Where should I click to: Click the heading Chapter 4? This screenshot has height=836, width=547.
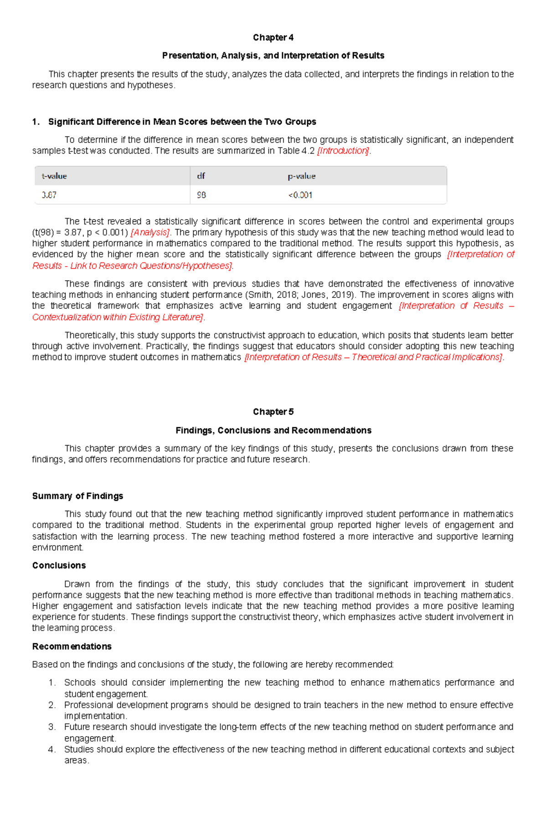[x=273, y=37]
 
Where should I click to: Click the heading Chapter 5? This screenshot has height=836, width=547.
[x=273, y=412]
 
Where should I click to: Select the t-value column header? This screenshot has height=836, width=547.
[x=54, y=176]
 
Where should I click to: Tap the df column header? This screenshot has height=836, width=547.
[x=201, y=176]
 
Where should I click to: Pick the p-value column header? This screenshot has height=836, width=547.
[x=301, y=176]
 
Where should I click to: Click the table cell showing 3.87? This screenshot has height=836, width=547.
[x=49, y=195]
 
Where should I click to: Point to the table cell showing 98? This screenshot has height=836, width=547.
[x=201, y=195]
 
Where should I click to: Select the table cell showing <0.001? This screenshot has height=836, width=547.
[x=300, y=195]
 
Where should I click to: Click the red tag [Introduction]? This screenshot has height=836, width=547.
[x=343, y=151]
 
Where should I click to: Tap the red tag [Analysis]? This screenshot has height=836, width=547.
[x=150, y=232]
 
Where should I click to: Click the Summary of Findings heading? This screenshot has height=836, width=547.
[x=77, y=496]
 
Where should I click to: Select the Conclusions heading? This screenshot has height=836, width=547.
[x=59, y=565]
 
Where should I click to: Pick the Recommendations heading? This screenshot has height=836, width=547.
[x=72, y=646]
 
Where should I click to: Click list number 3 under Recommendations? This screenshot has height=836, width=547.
[x=52, y=727]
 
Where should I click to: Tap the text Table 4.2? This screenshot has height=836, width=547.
[x=296, y=151]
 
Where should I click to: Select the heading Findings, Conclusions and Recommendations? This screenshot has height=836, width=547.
[x=273, y=431]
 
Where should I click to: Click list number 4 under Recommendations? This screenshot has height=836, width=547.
[x=52, y=749]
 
